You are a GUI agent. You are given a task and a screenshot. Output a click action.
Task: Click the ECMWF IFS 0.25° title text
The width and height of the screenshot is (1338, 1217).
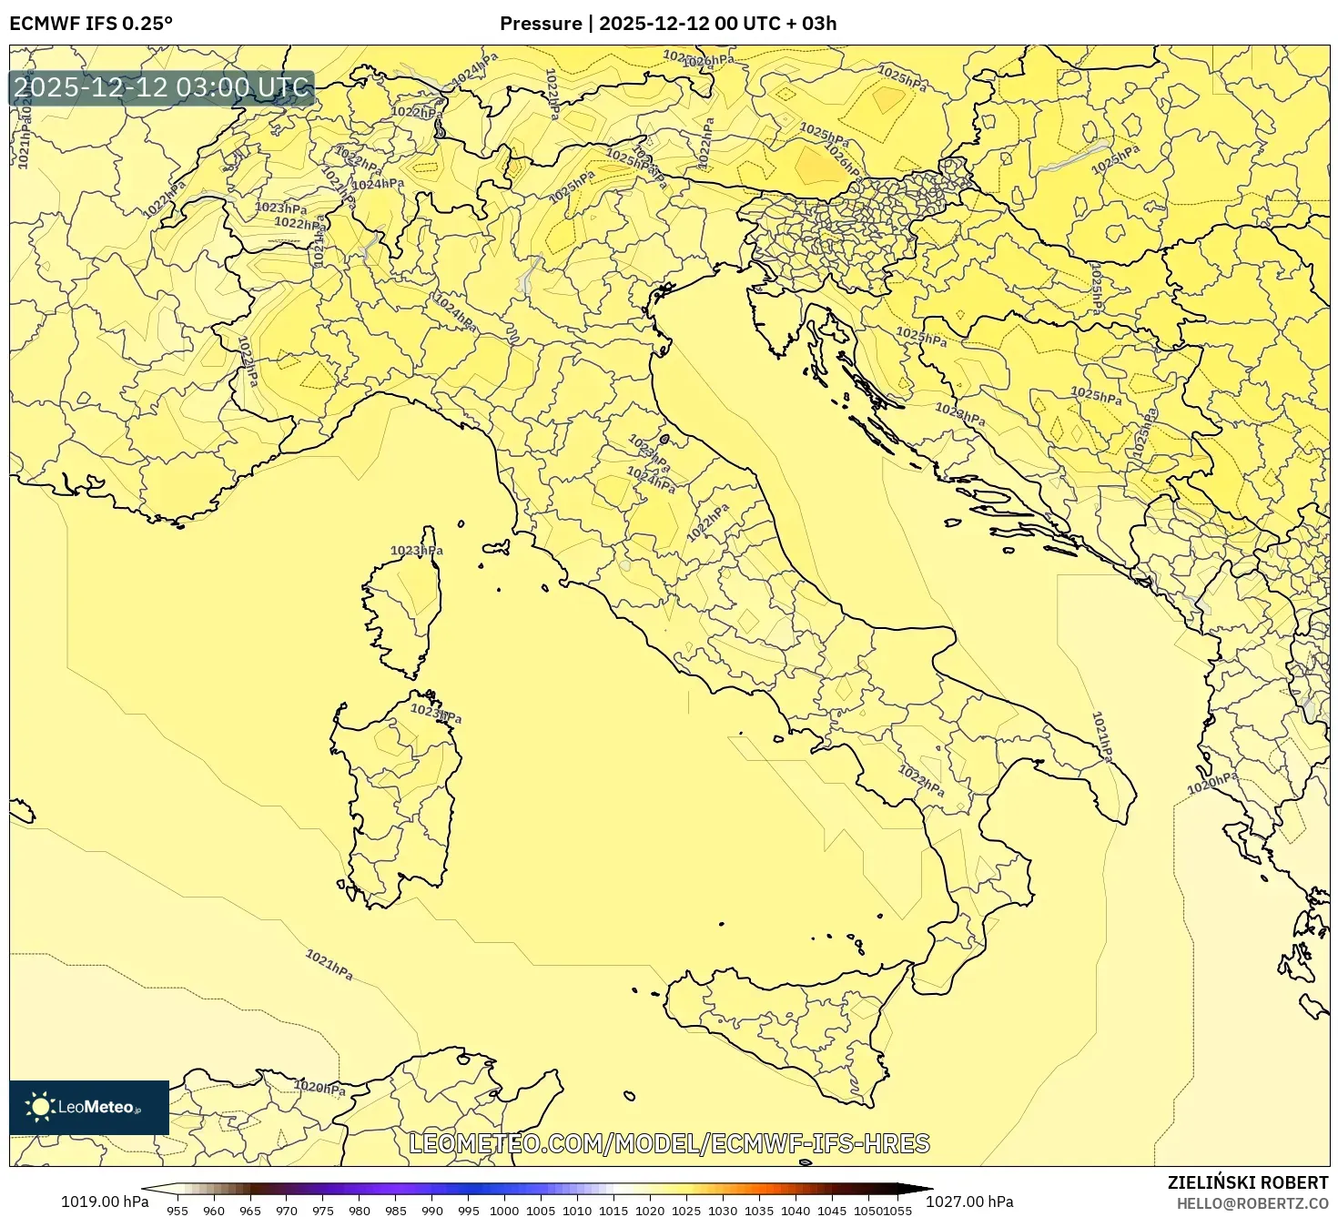pos(90,24)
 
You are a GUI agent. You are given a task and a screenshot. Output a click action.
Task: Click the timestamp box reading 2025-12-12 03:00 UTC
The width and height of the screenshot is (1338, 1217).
pos(162,88)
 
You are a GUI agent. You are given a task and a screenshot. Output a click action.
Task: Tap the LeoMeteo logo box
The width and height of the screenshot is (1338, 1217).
pos(89,1107)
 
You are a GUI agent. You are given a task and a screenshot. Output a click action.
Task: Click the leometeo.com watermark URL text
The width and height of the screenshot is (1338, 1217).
pos(669,1143)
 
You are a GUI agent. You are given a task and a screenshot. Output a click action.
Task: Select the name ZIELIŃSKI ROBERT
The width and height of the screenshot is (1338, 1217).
pos(1247,1182)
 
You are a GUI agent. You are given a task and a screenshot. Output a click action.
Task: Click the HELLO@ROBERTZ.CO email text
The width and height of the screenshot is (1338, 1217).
pos(1251,1203)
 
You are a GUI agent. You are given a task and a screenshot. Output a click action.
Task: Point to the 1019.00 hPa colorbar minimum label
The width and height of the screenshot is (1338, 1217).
pos(105,1202)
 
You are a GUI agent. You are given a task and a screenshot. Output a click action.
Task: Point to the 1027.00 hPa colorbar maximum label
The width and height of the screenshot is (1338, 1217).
pos(969,1202)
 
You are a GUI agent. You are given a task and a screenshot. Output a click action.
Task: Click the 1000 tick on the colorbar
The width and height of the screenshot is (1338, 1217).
pos(504,1211)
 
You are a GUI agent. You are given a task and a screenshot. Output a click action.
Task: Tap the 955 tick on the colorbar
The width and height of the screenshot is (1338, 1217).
pos(177,1211)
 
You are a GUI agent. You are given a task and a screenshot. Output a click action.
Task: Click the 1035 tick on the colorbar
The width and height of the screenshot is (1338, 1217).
pos(758,1211)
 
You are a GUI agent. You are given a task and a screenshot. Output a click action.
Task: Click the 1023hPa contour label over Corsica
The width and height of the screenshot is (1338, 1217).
pos(417,551)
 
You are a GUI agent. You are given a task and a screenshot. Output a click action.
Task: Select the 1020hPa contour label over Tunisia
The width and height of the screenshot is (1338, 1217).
pos(319,1087)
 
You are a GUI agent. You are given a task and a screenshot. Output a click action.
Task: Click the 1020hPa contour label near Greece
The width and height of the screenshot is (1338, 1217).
pos(1213,782)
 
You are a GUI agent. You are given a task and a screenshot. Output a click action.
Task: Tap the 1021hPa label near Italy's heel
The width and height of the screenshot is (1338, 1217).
pos(1102,736)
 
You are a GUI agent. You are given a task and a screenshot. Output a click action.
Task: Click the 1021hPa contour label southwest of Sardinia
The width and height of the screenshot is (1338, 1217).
pos(329,965)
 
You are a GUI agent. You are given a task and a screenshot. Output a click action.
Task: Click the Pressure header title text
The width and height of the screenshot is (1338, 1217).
pos(667,24)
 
